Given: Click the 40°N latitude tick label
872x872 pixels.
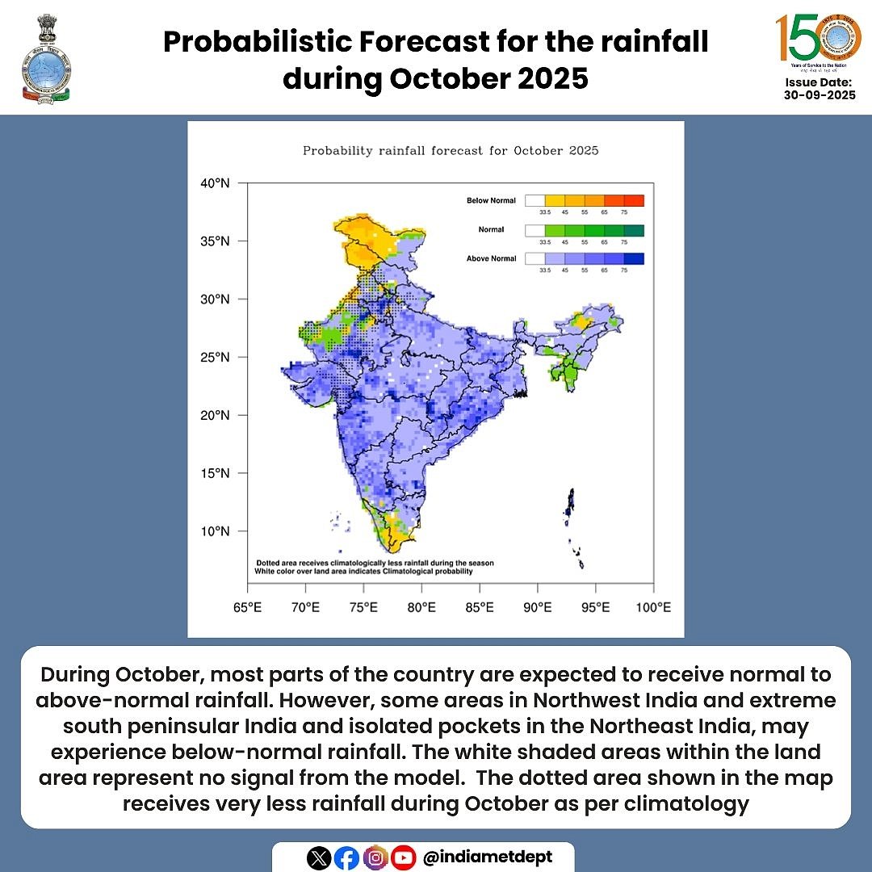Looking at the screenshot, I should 215,183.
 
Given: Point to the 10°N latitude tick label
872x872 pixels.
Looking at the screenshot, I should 215,531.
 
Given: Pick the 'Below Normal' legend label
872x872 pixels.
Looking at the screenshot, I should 491,200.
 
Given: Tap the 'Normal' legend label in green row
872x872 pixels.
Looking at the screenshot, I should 491,229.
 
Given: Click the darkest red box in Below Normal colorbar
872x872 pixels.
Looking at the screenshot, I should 634,200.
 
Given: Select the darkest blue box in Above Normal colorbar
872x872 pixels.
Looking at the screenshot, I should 634,258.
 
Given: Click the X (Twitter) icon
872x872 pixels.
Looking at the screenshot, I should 320,858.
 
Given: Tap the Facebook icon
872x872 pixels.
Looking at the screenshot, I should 347,858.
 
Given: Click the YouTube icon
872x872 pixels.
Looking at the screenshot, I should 403,858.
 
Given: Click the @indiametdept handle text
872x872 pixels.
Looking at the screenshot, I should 488,857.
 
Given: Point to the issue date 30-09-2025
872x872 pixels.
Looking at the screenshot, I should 819,94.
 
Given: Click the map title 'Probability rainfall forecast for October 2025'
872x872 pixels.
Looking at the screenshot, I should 451,151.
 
